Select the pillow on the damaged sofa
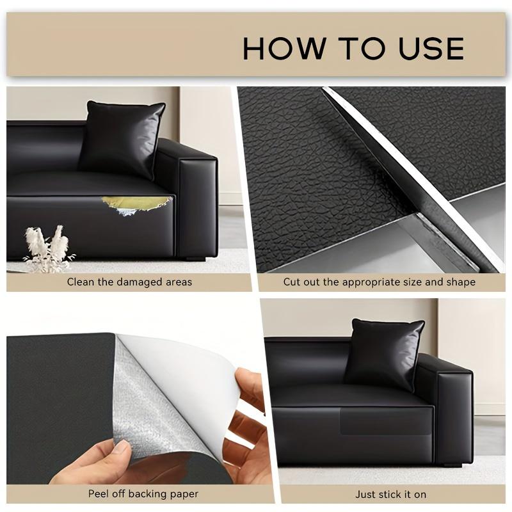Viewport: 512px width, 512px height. pos(122,138)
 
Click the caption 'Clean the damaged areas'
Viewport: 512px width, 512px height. pos(129,282)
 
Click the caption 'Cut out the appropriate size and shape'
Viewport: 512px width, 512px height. pos(380,282)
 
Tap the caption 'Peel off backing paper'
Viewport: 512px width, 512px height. pos(143,493)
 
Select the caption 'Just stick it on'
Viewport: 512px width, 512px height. pos(390,493)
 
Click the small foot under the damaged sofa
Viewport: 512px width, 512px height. pos(192,259)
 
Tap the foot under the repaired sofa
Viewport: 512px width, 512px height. pos(451,464)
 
